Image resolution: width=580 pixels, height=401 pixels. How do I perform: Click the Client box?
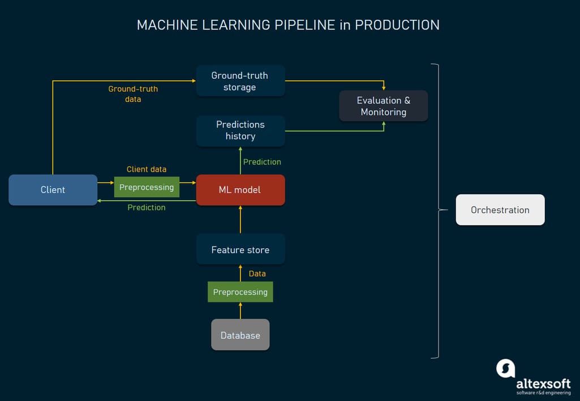click(53, 190)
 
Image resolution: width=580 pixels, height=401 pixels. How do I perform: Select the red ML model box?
click(240, 190)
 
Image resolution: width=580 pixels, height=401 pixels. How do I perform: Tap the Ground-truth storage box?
click(240, 81)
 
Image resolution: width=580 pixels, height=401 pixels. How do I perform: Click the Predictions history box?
click(240, 130)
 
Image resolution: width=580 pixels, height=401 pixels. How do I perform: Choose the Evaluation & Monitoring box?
click(383, 106)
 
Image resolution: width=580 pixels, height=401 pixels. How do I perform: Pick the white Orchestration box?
click(500, 210)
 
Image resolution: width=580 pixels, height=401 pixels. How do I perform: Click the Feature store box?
click(240, 250)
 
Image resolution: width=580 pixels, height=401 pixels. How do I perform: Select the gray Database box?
click(240, 335)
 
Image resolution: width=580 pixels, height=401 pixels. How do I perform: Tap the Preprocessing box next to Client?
click(147, 187)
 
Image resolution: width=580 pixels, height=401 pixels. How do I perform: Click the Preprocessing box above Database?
click(240, 292)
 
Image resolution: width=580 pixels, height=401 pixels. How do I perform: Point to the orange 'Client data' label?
click(147, 169)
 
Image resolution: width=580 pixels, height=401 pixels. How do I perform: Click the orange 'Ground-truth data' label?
click(133, 94)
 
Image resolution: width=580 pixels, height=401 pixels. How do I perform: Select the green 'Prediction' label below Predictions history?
click(262, 162)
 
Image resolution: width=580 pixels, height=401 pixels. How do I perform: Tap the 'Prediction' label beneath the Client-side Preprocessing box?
click(147, 207)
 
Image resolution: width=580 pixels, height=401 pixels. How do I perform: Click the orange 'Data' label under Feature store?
click(257, 274)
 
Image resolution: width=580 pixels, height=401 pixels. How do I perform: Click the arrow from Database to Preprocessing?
click(240, 310)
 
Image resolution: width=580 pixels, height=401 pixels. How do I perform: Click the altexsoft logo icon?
click(505, 368)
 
